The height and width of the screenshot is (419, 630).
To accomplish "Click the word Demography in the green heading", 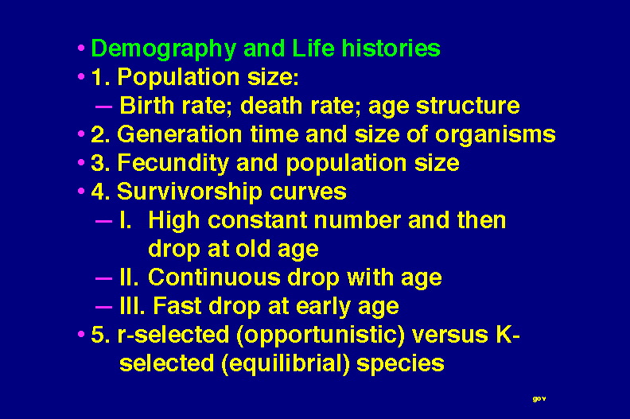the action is [164, 49].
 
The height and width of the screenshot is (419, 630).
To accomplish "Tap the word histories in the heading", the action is [391, 48].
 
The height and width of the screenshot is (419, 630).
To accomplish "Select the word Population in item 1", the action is [178, 78].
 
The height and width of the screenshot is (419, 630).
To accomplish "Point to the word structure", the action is [468, 106].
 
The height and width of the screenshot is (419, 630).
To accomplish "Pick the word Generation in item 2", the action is [179, 134].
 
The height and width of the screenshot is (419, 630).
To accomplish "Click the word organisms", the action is [496, 135].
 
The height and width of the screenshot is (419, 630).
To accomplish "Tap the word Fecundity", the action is [173, 164].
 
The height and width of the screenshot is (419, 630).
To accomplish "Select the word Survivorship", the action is [189, 192].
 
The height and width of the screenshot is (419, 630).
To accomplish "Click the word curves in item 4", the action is [308, 192].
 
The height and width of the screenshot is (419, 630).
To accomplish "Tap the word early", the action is [323, 308].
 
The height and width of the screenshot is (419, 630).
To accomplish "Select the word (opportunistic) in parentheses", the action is [321, 336].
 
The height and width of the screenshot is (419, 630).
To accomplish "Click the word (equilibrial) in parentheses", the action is [286, 364].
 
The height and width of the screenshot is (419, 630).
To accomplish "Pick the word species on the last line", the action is [400, 364].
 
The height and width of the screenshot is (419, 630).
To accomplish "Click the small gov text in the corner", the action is [539, 399].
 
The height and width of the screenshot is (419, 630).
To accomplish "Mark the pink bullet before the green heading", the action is [81, 48].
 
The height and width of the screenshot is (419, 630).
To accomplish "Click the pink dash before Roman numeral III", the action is [103, 308].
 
